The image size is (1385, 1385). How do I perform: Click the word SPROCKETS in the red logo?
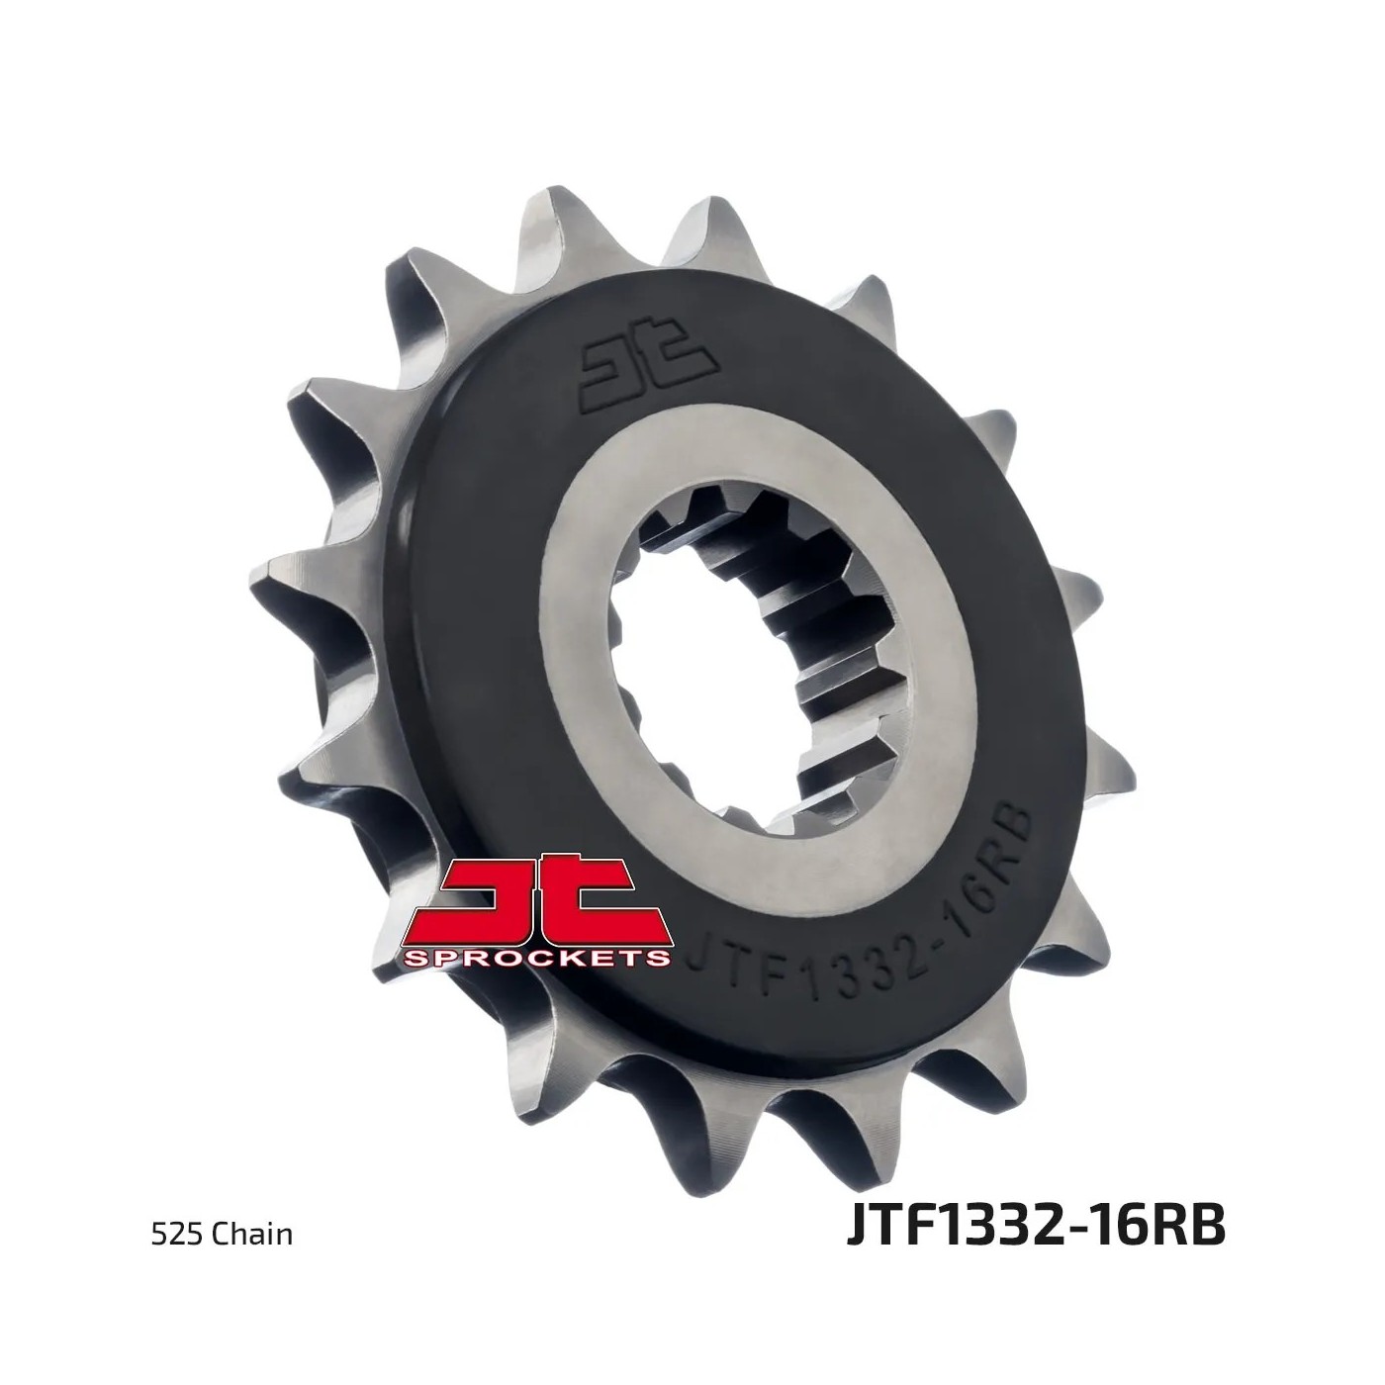536,957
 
